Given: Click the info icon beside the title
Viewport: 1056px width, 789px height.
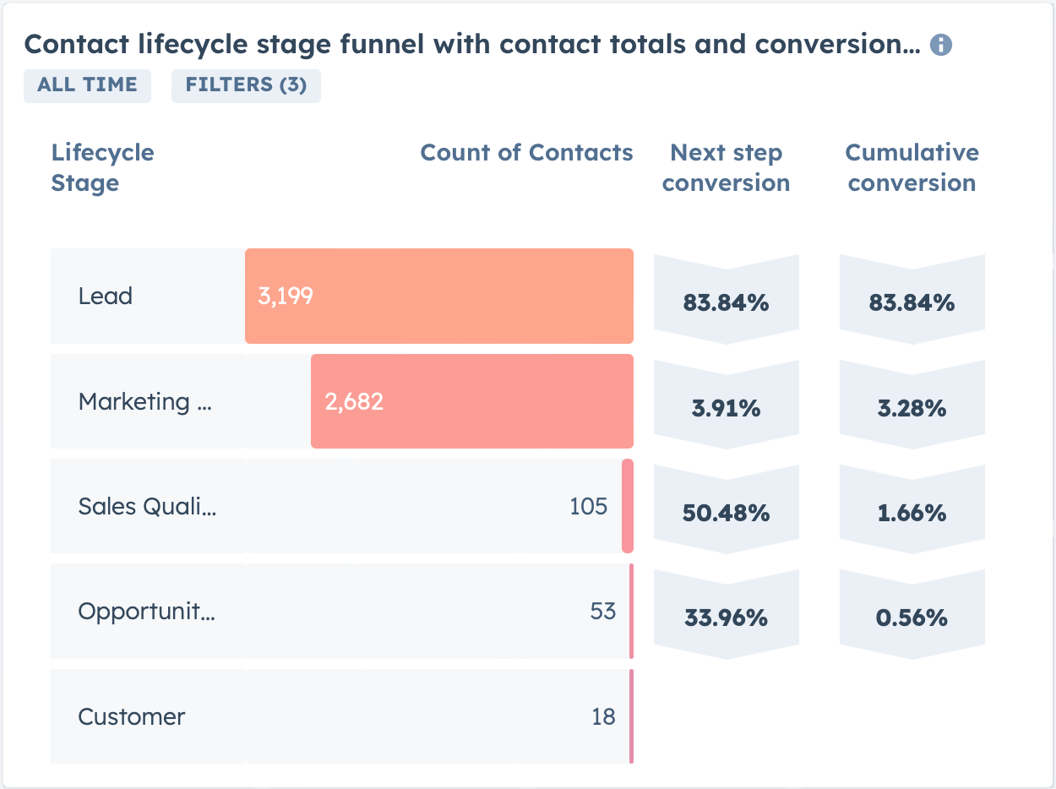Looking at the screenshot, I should [x=940, y=46].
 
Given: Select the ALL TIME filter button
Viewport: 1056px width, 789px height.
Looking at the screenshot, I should [x=87, y=85].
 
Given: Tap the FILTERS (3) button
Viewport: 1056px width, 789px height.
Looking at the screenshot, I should [x=246, y=85].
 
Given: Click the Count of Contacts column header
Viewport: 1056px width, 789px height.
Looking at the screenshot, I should [x=526, y=153].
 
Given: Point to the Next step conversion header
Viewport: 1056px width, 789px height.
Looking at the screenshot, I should [x=726, y=168].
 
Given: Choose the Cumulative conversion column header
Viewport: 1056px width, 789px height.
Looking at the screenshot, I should [x=912, y=168].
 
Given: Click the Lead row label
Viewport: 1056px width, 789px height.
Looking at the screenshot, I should [x=106, y=297].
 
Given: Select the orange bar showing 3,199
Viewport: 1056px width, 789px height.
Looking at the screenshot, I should [x=439, y=297].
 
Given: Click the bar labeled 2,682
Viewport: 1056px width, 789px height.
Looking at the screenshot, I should [x=471, y=401].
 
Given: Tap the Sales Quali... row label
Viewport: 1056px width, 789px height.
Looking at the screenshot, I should [x=147, y=506].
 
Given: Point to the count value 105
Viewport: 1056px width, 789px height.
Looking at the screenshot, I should [x=589, y=506].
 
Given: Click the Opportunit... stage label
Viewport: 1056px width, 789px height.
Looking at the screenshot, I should [x=146, y=611].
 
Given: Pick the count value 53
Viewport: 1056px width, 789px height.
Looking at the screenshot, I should [x=602, y=611].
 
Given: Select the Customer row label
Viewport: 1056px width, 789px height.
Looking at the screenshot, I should [x=132, y=716].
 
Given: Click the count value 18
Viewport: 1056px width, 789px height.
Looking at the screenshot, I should [x=603, y=716].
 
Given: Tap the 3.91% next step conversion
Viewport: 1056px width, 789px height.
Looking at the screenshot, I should [x=726, y=409].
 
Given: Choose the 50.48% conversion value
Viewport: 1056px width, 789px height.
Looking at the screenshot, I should [x=726, y=513].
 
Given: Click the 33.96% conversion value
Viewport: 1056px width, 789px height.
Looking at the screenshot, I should [x=726, y=618].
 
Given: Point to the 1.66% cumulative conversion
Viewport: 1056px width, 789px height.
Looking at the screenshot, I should [x=912, y=513].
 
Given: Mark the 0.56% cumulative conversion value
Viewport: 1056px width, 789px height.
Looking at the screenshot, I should [x=912, y=618].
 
